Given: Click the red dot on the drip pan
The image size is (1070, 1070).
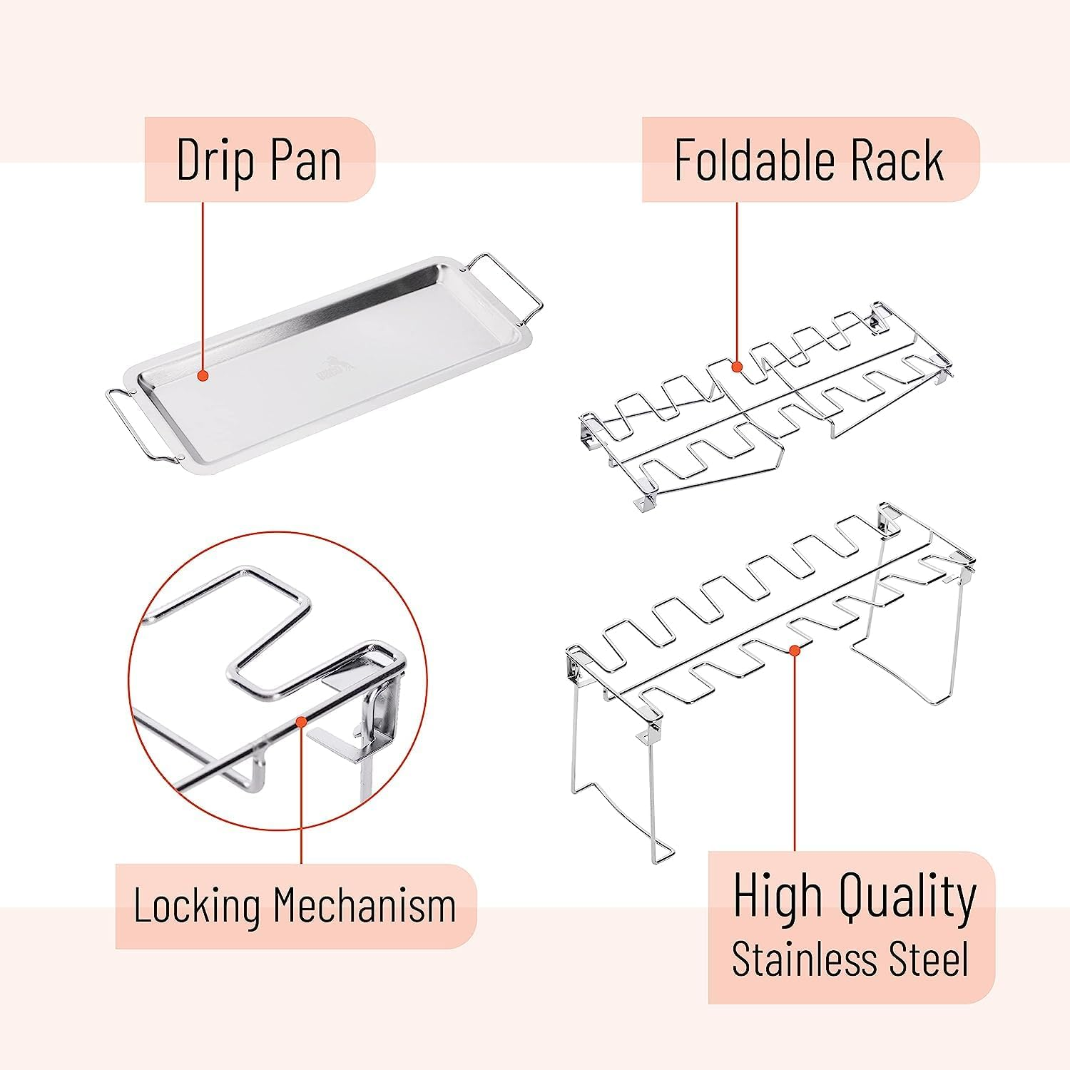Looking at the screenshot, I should coord(203,375).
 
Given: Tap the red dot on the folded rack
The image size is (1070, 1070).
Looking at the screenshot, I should coord(738,367).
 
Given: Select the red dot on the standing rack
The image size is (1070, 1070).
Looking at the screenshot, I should coord(795,650).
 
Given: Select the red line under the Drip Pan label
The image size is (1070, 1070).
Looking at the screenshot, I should coord(203,285).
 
